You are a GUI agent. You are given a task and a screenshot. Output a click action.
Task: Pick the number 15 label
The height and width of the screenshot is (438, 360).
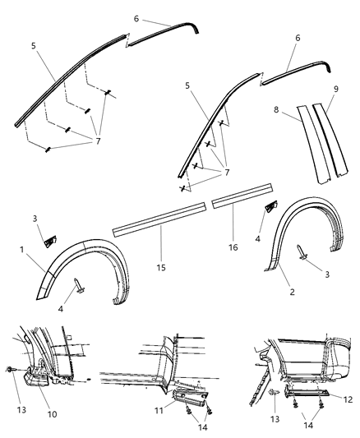tap(160, 269)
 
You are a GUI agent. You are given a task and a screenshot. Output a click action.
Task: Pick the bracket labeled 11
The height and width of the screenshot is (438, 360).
tap(181, 399)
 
